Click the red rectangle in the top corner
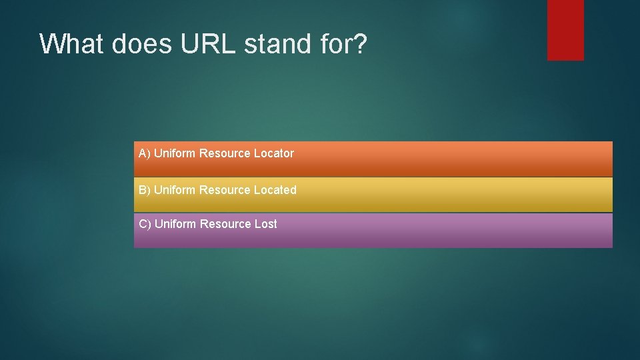(565, 30)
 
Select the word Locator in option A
(273, 153)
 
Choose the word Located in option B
(275, 190)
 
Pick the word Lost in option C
(265, 224)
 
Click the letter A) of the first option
(145, 153)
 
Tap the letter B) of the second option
(145, 190)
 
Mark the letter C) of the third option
(145, 224)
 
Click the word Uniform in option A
(175, 153)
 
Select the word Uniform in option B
(175, 190)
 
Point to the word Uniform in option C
(175, 224)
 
